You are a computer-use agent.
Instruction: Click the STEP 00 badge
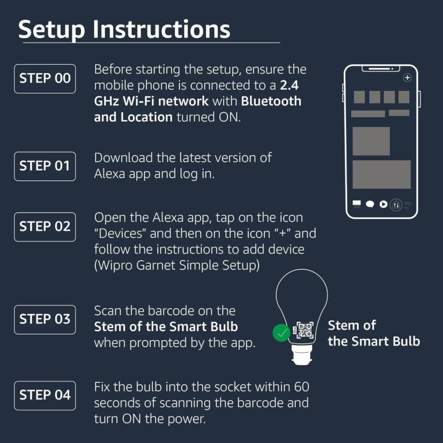45,78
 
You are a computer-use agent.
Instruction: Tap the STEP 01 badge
45,166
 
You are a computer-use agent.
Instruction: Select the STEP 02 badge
45,226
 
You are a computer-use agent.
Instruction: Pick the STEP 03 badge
45,319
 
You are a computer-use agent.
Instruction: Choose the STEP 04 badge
45,395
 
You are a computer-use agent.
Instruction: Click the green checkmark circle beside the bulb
282,333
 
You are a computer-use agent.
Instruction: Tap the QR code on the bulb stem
303,331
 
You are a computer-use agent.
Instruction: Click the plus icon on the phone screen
408,78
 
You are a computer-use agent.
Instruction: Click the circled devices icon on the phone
396,204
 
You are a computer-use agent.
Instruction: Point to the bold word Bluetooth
271,101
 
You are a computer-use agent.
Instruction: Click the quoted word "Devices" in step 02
122,233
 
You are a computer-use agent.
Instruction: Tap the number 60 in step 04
301,387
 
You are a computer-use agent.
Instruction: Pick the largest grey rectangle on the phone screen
382,174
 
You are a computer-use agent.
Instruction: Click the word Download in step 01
122,157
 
